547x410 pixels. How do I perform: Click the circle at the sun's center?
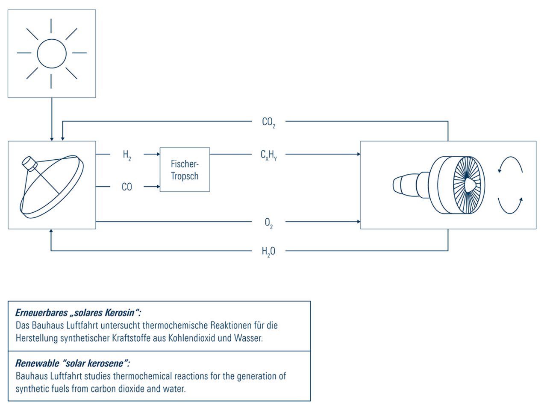tap(52, 53)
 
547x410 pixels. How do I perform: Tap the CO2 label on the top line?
tap(268, 123)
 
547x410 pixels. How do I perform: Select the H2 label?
tap(127, 155)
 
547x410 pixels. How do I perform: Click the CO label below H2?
tap(127, 187)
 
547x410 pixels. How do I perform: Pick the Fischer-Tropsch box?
tap(185, 170)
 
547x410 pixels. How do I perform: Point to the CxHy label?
tap(269, 155)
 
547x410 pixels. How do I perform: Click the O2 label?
tap(268, 223)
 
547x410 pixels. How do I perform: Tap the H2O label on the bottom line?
tap(268, 252)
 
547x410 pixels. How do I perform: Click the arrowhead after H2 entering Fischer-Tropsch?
tap(158, 154)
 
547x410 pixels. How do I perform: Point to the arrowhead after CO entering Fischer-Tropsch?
tap(158, 187)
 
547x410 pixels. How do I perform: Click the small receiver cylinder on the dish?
tap(29, 163)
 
